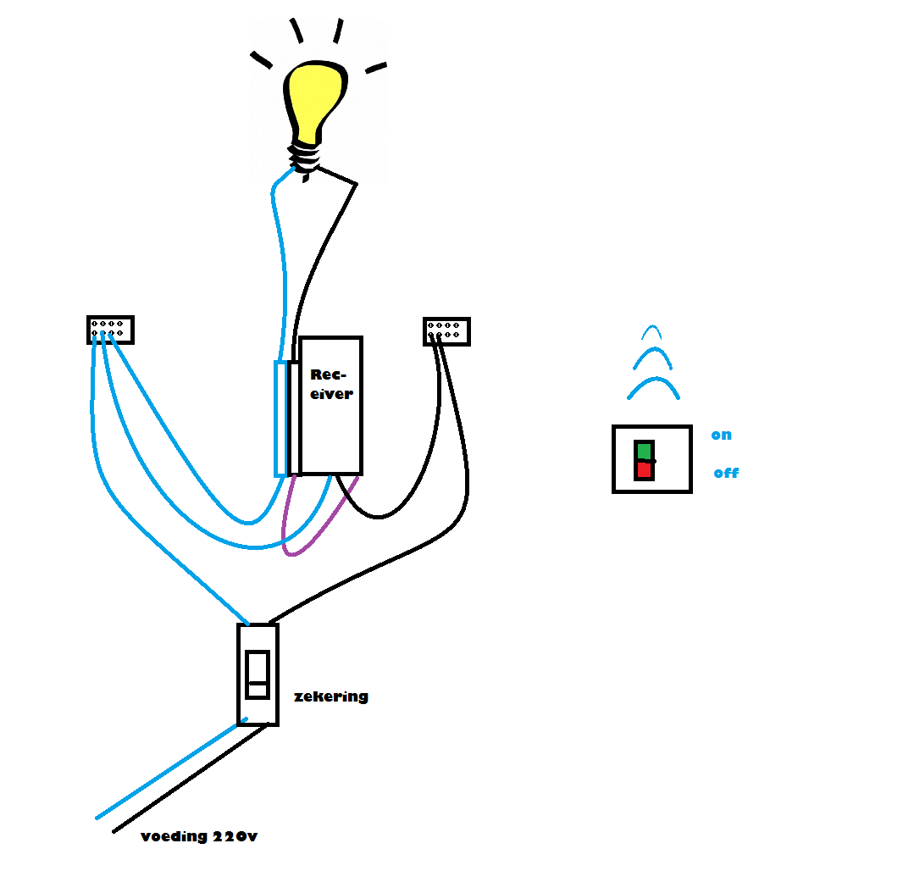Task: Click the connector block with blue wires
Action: [x=110, y=330]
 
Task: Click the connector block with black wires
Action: [x=446, y=331]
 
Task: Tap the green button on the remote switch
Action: [x=645, y=450]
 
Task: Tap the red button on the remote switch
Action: [x=644, y=469]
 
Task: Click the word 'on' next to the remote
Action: [x=721, y=435]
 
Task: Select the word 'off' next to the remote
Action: [x=726, y=473]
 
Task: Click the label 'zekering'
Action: [x=330, y=696]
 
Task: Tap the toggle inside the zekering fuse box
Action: [x=258, y=674]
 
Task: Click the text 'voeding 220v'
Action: [x=199, y=836]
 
